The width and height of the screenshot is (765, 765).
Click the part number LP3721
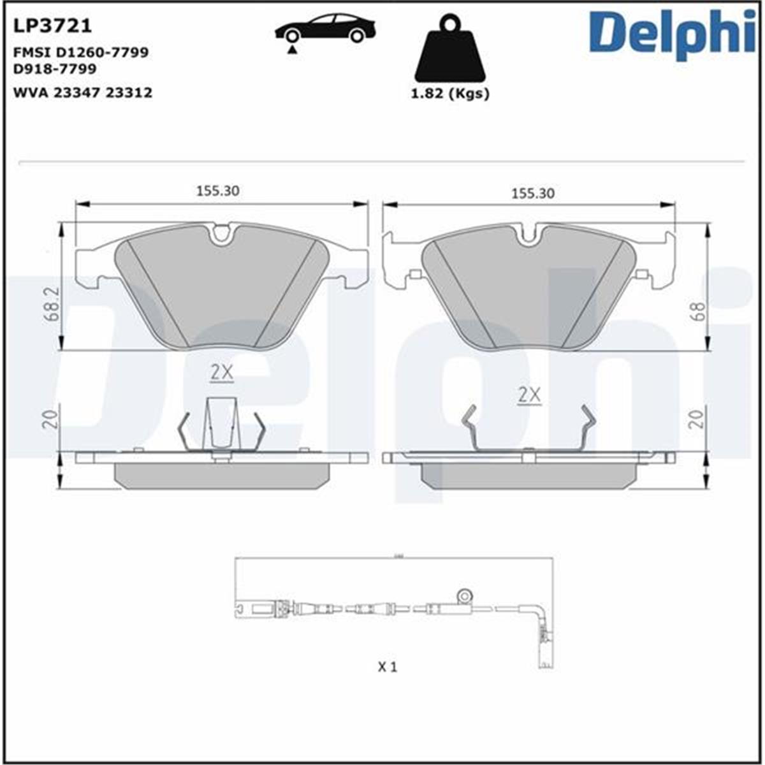coord(52,25)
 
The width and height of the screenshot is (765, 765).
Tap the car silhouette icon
coord(325,29)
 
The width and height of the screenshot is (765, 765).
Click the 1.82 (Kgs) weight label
coord(450,93)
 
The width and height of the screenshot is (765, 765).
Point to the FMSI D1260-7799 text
coord(80,52)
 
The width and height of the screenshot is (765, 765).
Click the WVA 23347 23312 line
coord(82,92)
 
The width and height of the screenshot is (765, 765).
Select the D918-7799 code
coord(55,68)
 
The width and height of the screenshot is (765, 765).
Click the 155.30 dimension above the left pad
coord(217,191)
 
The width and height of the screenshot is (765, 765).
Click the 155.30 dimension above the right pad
coord(533,193)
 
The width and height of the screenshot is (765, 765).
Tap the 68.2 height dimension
coord(55,303)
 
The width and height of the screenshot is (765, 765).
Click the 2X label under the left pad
coord(222,374)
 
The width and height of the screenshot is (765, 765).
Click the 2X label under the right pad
coord(529,396)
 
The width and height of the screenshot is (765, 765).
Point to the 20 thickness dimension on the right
coord(699,418)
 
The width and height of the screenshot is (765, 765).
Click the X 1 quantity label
coord(388,667)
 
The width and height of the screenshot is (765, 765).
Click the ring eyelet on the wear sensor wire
coord(465,595)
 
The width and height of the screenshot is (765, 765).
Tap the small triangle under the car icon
coord(292,49)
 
